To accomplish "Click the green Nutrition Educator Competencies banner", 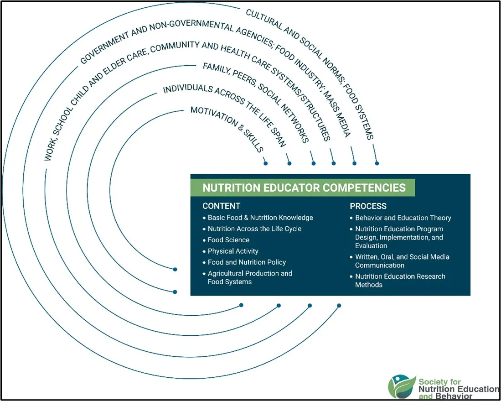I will (x=304, y=187).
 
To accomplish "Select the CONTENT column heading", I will (x=221, y=206).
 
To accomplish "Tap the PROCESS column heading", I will (x=368, y=206).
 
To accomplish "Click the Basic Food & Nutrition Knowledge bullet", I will (x=260, y=218).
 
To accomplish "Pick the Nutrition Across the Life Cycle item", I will (x=254, y=229).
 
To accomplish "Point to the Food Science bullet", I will (x=228, y=240).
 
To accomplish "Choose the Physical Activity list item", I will (x=233, y=251).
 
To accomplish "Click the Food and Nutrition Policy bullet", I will (x=247, y=262).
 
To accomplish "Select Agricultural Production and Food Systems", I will (x=249, y=277).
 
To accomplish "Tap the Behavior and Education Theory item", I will (x=403, y=218).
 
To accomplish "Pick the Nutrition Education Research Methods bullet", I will (x=400, y=281).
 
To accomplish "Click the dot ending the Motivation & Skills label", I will (x=265, y=163).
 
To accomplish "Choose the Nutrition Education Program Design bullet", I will (x=399, y=237).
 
